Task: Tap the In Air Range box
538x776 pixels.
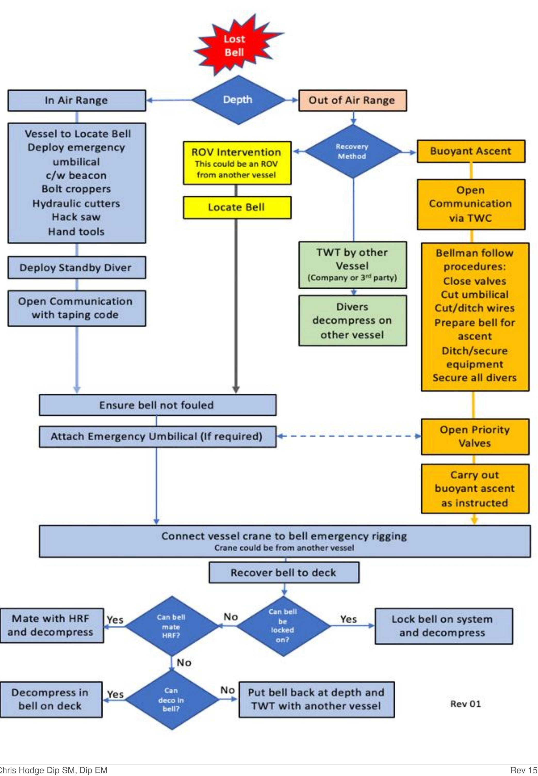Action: click(77, 100)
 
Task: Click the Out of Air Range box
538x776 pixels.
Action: click(352, 100)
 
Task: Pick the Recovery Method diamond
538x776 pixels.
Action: click(353, 152)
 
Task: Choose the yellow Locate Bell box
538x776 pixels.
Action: click(237, 207)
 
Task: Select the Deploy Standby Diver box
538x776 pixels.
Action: click(77, 268)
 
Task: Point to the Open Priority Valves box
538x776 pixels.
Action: click(475, 436)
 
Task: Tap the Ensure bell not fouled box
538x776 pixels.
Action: click(157, 405)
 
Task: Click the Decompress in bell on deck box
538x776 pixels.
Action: click(51, 699)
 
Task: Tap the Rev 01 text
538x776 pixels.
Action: click(465, 704)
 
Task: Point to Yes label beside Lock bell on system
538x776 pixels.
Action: click(348, 619)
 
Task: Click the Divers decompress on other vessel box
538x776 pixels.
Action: click(352, 321)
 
